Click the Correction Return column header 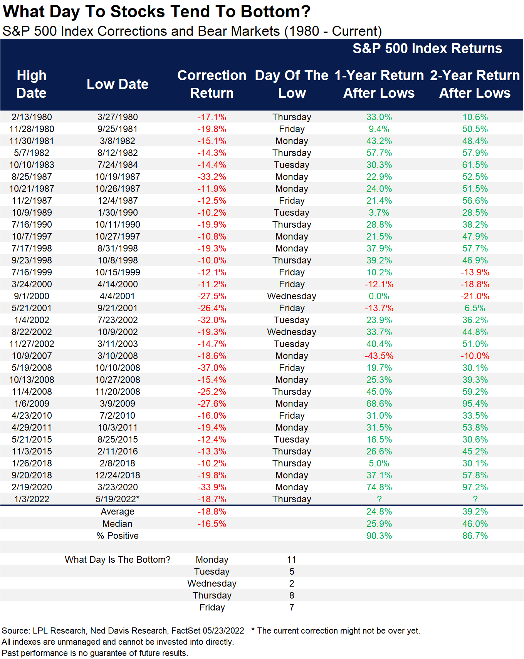tap(212, 84)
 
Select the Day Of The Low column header tap(292, 84)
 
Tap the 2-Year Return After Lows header tap(475, 84)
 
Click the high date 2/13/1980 tap(32, 117)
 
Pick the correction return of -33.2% tap(212, 177)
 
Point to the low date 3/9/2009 tap(118, 404)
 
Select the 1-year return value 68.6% tap(379, 404)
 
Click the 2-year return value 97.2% tap(475, 487)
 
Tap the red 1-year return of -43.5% tap(379, 356)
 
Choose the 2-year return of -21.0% tap(475, 296)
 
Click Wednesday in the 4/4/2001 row tap(292, 296)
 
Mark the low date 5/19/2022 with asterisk tap(118, 499)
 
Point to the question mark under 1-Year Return tap(379, 499)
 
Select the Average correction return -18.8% tap(212, 511)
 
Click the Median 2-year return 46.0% tap(475, 524)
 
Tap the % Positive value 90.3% tap(379, 536)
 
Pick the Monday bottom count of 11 tap(292, 560)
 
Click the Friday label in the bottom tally tap(212, 607)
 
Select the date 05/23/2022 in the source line tap(223, 630)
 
